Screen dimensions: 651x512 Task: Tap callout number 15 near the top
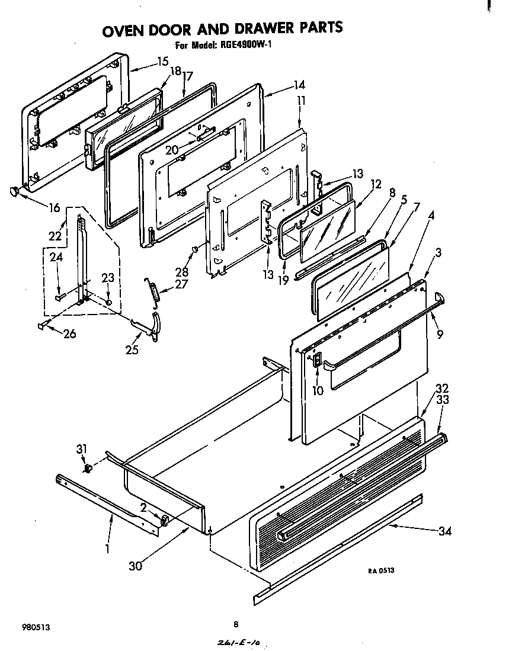click(x=162, y=61)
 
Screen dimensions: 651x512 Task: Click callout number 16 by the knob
click(x=55, y=207)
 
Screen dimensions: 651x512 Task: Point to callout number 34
click(x=444, y=531)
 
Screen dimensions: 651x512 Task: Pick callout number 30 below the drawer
click(x=136, y=566)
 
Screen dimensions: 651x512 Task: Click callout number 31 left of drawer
click(x=82, y=448)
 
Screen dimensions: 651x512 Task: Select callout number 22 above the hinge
click(x=55, y=236)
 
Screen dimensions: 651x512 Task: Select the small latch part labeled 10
click(x=317, y=360)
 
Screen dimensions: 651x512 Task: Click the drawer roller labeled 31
click(x=89, y=470)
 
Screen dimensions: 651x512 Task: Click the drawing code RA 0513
click(x=381, y=570)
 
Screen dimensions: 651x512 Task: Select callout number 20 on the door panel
click(x=172, y=150)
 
